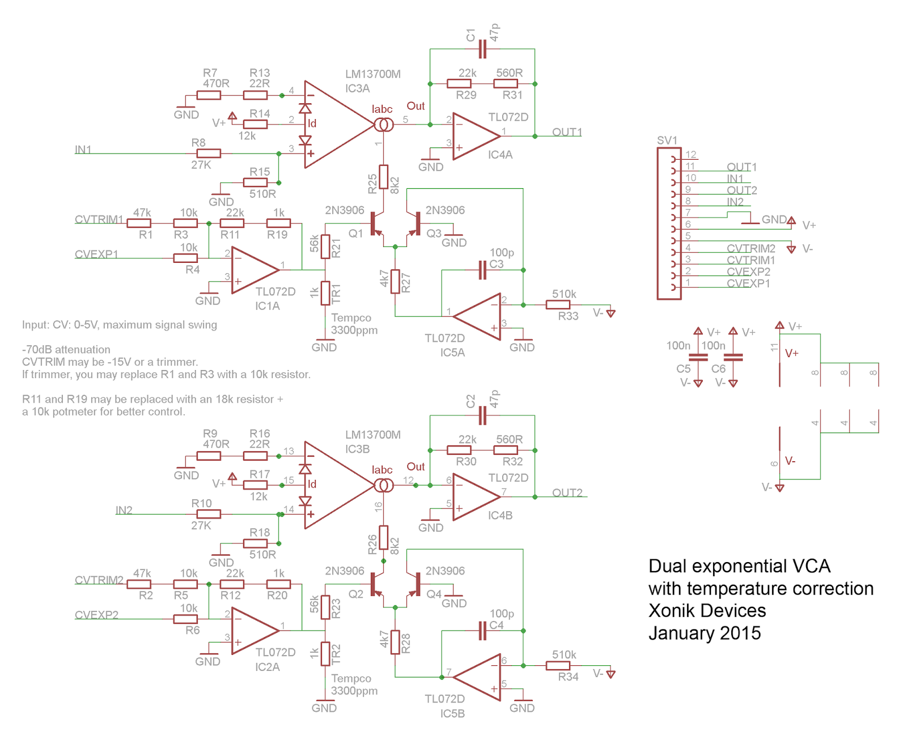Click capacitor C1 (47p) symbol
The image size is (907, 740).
pyautogui.click(x=482, y=49)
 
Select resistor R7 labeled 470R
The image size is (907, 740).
pyautogui.click(x=209, y=95)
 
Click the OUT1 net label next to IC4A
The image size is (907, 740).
pyautogui.click(x=567, y=132)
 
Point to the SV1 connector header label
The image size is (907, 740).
pyautogui.click(x=667, y=140)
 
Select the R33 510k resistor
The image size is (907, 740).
pyautogui.click(x=558, y=305)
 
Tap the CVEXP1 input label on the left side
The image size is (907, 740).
pyautogui.click(x=96, y=254)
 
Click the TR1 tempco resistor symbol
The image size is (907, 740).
pyautogui.click(x=325, y=293)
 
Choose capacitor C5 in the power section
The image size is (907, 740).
pyautogui.click(x=698, y=357)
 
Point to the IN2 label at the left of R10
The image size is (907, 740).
pyautogui.click(x=124, y=510)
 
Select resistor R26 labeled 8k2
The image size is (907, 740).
pyautogui.click(x=384, y=537)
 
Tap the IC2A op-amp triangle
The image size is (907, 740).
pyautogui.click(x=254, y=631)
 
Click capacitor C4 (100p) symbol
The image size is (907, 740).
pyautogui.click(x=482, y=631)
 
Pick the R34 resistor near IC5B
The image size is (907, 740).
pyautogui.click(x=558, y=666)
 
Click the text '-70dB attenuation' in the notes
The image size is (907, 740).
pyautogui.click(x=66, y=350)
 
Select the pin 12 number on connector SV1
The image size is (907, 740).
pyautogui.click(x=690, y=155)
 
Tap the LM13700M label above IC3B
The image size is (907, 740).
pyautogui.click(x=372, y=435)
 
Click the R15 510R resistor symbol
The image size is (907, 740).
pyautogui.click(x=255, y=182)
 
